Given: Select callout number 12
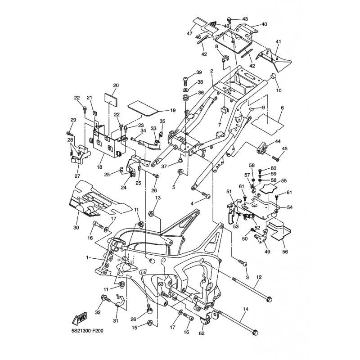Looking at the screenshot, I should point(259,277).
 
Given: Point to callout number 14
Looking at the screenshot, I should point(246,310).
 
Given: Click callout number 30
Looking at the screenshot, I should point(76,228).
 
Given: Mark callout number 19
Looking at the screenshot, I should point(160,110).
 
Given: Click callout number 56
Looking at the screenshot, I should point(285,252).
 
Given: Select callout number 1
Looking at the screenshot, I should point(88,258).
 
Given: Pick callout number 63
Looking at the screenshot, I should point(160,284).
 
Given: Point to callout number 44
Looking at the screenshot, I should point(278,141).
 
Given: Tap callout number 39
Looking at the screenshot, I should point(199,73).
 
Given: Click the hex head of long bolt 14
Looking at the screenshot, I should point(255,333).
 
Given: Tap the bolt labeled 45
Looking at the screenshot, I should point(275,157).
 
